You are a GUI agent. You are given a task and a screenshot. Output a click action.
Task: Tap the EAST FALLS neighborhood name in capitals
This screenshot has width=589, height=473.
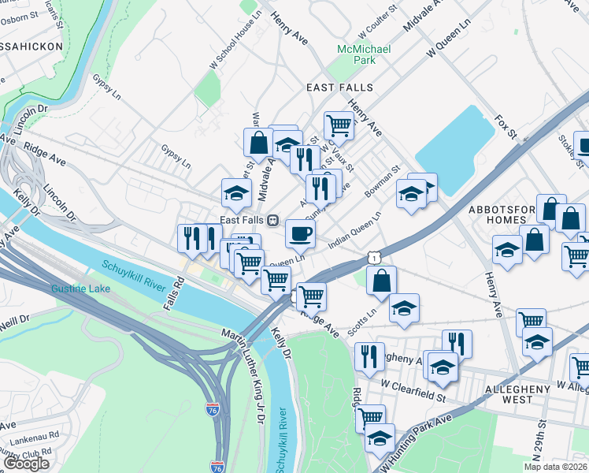click(x=341, y=88)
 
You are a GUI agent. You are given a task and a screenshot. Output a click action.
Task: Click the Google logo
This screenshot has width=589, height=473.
click(x=26, y=464)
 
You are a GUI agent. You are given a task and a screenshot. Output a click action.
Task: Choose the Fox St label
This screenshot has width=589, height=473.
click(x=505, y=124)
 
